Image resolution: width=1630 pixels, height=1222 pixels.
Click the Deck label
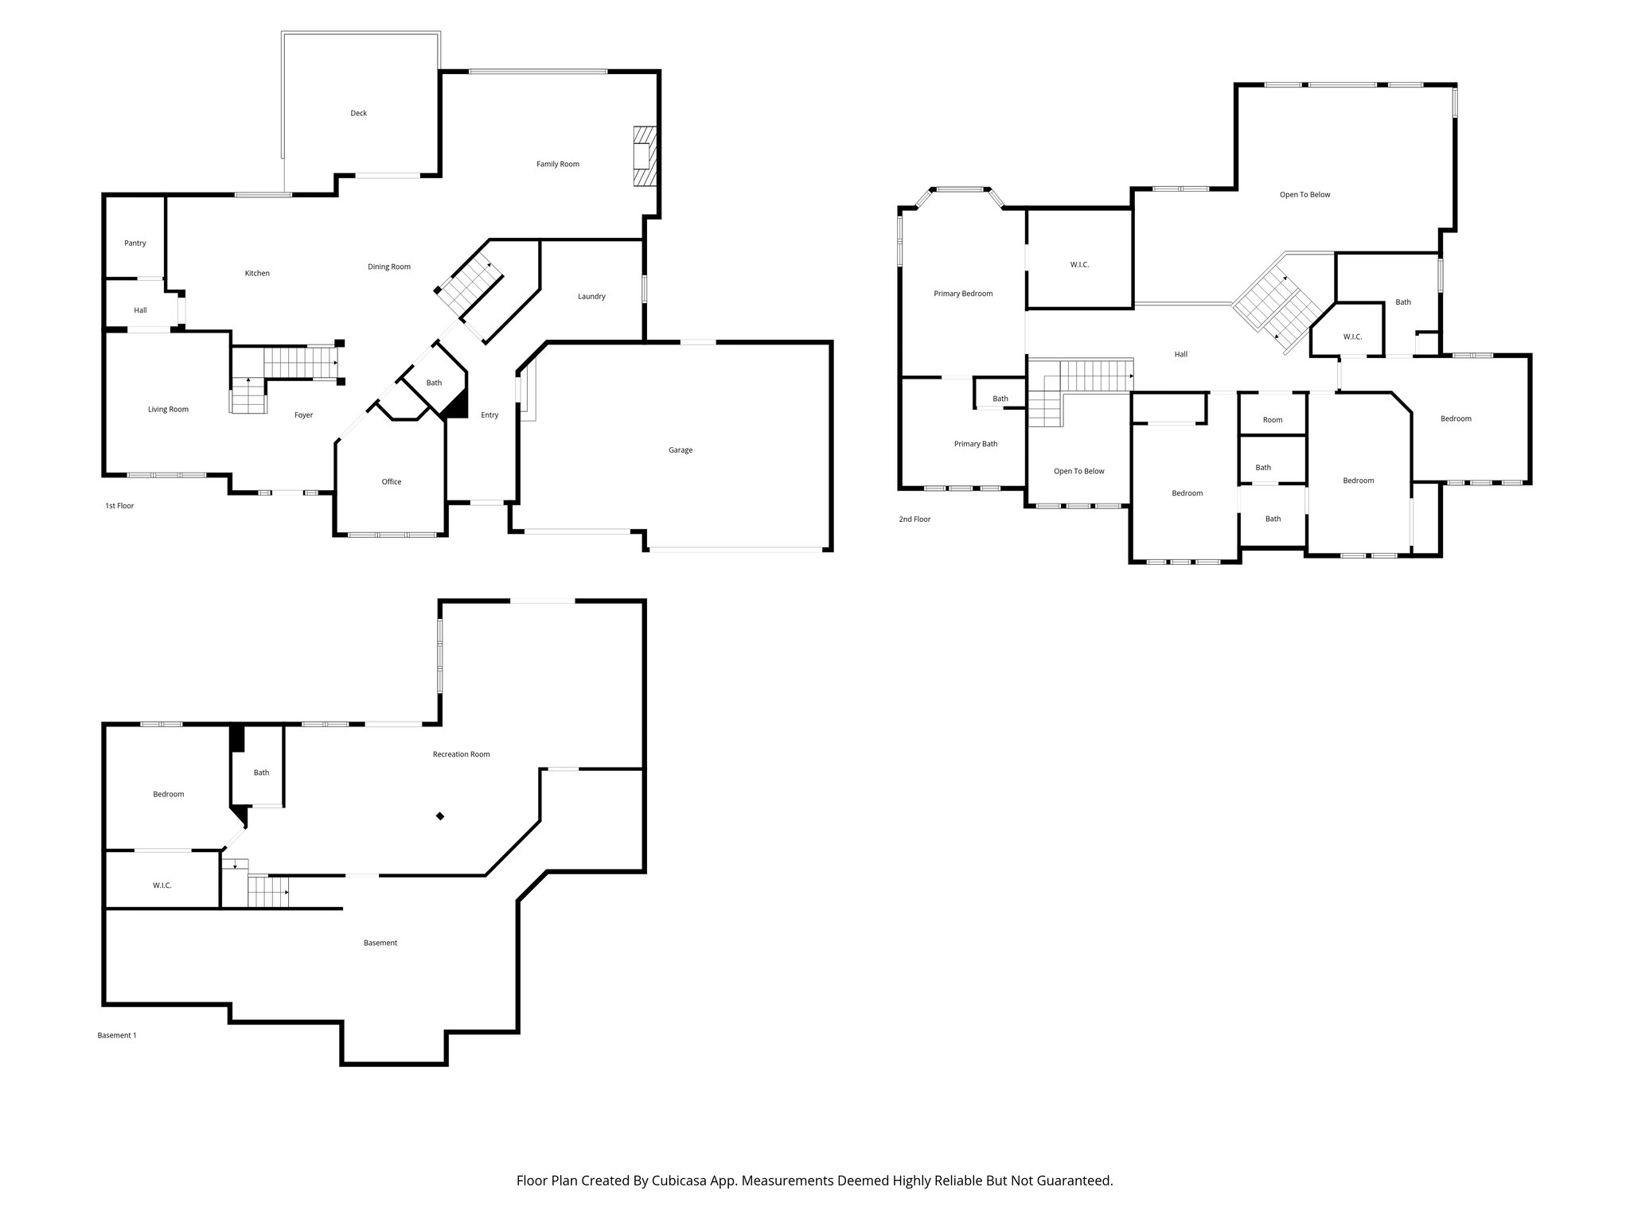tap(359, 113)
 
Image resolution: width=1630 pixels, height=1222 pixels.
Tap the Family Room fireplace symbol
tap(644, 156)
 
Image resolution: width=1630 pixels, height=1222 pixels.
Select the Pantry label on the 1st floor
tap(135, 243)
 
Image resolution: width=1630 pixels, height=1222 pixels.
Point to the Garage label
tap(680, 450)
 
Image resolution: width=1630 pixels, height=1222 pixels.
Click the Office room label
tap(392, 482)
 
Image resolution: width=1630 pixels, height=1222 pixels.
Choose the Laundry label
tap(591, 297)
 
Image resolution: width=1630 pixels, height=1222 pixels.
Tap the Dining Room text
tap(389, 267)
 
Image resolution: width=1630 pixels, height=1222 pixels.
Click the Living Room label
tap(168, 410)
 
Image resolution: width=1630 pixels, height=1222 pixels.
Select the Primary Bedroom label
tap(963, 294)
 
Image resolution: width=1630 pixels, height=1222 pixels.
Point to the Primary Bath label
tap(976, 444)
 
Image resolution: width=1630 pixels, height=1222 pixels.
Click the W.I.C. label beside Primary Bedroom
tap(1079, 265)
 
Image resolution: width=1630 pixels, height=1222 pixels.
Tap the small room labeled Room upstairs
tap(1273, 420)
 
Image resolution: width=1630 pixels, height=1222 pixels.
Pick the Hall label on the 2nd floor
tap(1181, 355)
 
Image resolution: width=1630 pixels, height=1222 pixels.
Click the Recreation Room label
tap(462, 754)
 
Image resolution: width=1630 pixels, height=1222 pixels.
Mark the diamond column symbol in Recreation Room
tap(440, 816)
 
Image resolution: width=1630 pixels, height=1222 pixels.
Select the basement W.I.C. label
tap(162, 885)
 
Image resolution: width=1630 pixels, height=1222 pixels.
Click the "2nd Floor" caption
tap(914, 520)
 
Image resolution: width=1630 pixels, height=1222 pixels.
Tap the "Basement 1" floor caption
tap(117, 1036)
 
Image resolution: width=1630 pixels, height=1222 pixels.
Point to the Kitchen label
tap(257, 274)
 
